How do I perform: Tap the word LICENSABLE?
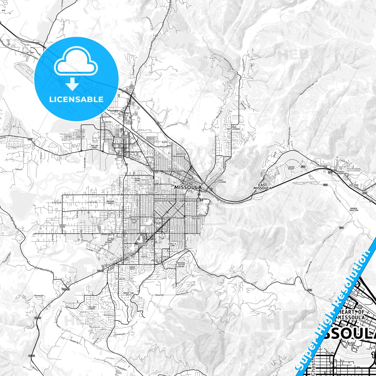(x=76, y=99)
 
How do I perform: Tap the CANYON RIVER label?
(x=291, y=168)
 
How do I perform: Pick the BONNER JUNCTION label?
(x=354, y=209)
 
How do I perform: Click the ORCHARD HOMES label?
(x=110, y=202)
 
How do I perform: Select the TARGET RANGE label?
(x=62, y=226)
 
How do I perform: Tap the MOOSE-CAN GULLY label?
(x=129, y=294)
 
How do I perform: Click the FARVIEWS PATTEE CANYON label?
(x=180, y=265)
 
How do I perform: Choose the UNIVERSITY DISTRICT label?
(x=196, y=218)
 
